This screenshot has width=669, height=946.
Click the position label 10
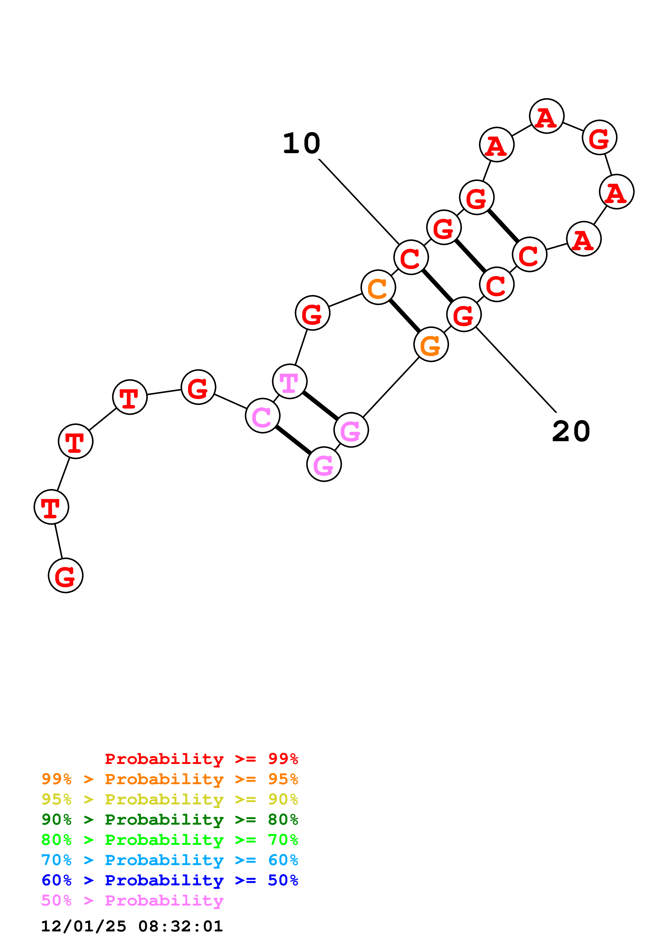click(x=301, y=144)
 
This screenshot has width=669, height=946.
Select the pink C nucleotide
click(x=263, y=416)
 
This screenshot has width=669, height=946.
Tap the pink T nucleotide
click(x=290, y=382)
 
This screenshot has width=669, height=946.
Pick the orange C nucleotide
click(x=378, y=287)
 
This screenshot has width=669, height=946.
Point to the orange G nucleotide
click(x=431, y=344)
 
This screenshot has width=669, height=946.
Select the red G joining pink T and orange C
click(x=313, y=313)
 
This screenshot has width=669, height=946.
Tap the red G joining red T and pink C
click(x=198, y=387)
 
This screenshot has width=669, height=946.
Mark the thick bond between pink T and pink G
click(x=320, y=405)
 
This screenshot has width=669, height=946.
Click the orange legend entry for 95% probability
click(x=170, y=779)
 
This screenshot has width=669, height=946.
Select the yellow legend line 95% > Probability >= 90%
click(x=170, y=799)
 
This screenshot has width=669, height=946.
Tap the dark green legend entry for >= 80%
click(x=170, y=820)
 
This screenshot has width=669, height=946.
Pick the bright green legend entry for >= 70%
click(x=170, y=840)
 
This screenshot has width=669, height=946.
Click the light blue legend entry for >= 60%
click(x=170, y=860)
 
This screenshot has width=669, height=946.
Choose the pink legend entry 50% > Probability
click(x=132, y=900)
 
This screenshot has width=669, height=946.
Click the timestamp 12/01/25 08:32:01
click(x=132, y=926)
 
